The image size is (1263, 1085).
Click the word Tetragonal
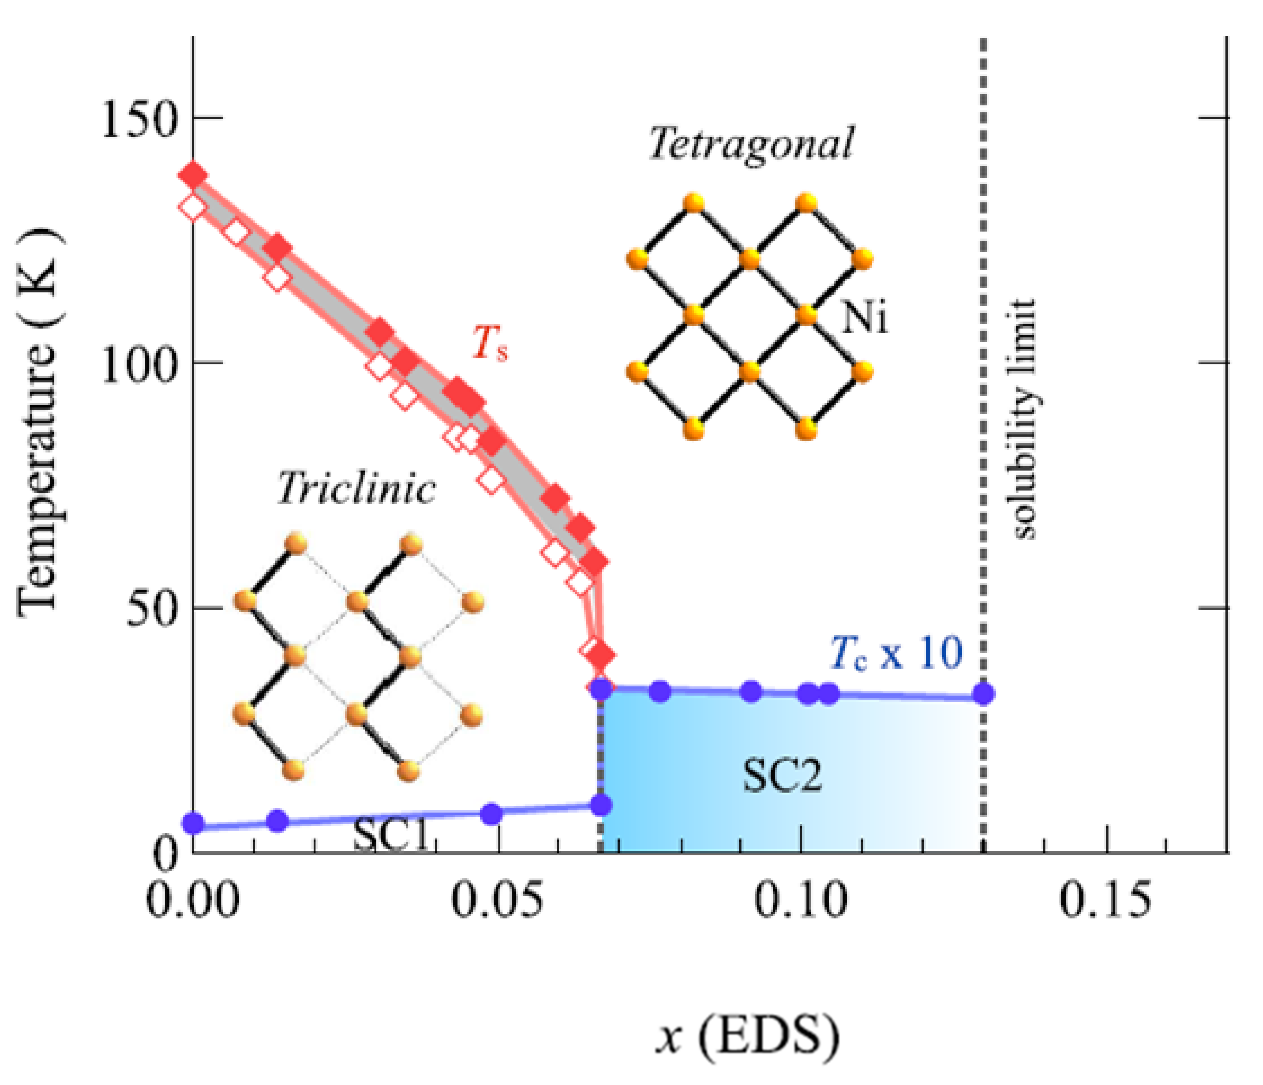pos(751,144)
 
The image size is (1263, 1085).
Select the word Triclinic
pos(357,489)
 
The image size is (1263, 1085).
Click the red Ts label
pos(490,343)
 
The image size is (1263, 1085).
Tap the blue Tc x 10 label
pos(896,653)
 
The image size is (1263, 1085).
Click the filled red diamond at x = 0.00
pos(193,175)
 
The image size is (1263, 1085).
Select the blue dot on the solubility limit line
pos(983,694)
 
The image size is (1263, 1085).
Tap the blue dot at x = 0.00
pos(194,824)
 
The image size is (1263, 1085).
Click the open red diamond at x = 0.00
pos(193,208)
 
